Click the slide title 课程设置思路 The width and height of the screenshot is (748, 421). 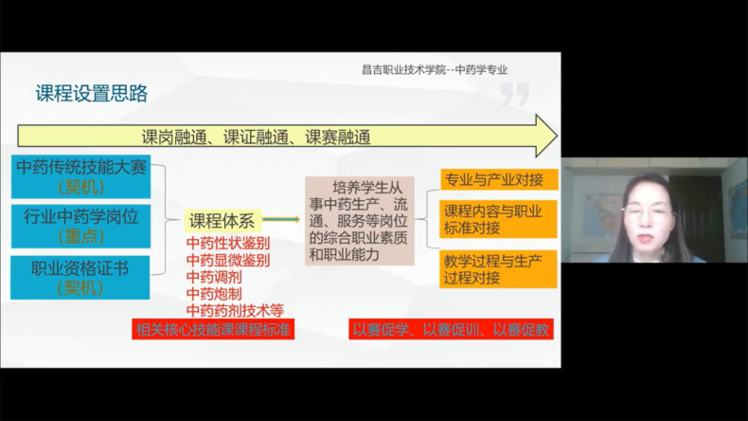pos(92,94)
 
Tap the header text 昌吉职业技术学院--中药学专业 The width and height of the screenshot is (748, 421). pos(434,70)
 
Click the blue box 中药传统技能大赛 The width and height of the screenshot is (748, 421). pos(81,176)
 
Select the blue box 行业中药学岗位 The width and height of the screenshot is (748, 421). pos(81,227)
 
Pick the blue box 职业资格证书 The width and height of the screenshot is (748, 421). pos(80,278)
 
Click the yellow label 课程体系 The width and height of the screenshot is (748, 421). pos(223,221)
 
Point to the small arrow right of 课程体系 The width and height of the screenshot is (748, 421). pos(281,219)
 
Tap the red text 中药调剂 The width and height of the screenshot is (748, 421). pos(214,277)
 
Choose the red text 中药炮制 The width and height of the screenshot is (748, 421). pos(214,294)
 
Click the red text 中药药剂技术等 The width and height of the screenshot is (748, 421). pos(235,311)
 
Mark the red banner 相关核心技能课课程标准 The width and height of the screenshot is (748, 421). pos(213,329)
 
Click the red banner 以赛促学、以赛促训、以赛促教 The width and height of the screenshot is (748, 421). pos(451,329)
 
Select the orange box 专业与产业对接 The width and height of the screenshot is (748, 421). pos(498,179)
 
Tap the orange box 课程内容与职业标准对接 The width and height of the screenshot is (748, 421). pos(498,219)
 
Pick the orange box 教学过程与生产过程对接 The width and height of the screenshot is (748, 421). pos(498,269)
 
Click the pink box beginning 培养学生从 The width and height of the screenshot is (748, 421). pos(360,221)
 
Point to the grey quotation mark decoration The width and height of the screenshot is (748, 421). pos(515,94)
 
